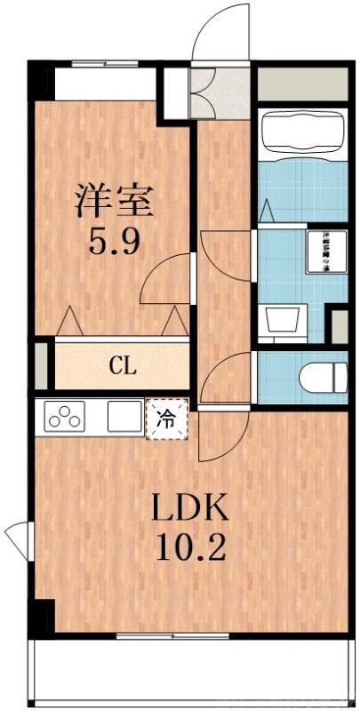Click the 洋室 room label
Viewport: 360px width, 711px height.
click(114, 199)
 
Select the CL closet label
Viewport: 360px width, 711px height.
click(123, 364)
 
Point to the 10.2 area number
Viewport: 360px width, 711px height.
click(189, 546)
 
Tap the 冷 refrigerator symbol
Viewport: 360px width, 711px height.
click(165, 418)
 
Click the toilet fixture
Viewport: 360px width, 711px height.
click(323, 377)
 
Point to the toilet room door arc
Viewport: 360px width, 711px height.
click(226, 373)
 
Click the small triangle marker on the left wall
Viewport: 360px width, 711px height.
click(18, 538)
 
